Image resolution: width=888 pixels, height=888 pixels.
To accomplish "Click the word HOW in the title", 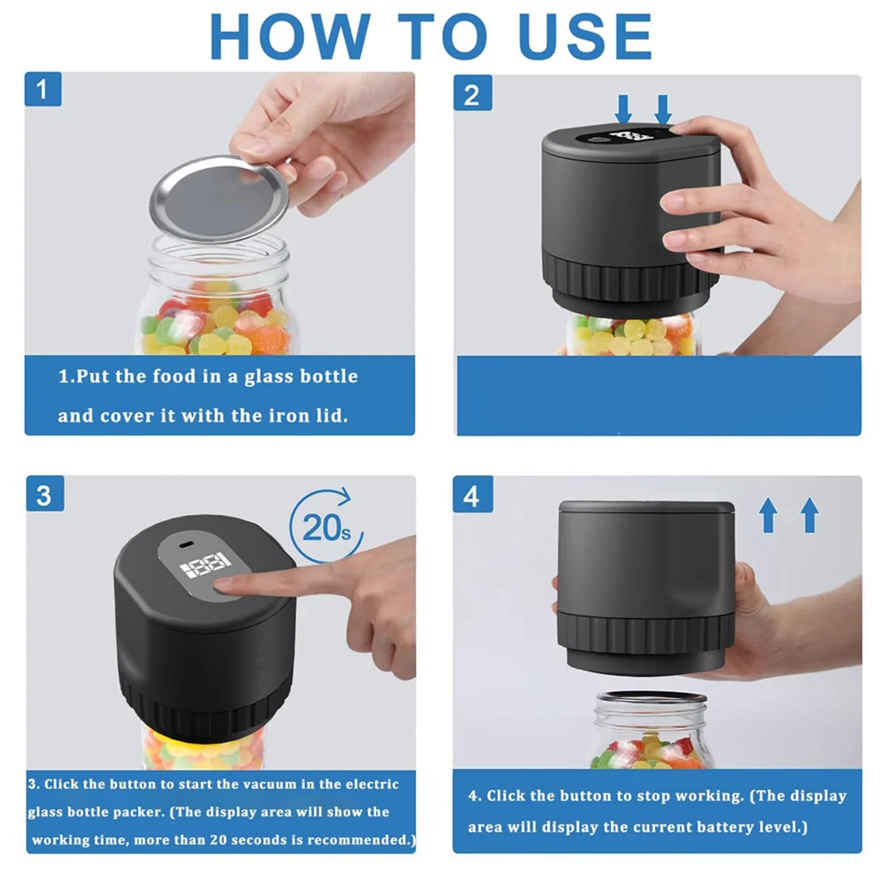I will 289,36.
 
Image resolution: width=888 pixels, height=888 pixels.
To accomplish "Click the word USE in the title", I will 585,36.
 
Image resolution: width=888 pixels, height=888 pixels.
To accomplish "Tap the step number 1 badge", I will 42,90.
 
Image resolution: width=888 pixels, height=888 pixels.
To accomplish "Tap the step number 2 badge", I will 471,94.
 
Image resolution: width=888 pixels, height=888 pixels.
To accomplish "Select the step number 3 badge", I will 44,495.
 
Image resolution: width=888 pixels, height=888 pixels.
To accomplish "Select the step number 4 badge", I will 471,496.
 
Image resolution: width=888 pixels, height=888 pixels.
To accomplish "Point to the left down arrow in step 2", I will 624,110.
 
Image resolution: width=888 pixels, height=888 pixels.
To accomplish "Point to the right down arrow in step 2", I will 663,110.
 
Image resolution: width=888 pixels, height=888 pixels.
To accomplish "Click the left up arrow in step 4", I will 768,515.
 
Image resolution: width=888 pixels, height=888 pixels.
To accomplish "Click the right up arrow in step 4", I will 810,515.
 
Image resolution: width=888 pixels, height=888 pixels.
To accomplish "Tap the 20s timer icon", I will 326,526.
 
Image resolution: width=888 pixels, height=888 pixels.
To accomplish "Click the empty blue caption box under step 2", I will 659,396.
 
